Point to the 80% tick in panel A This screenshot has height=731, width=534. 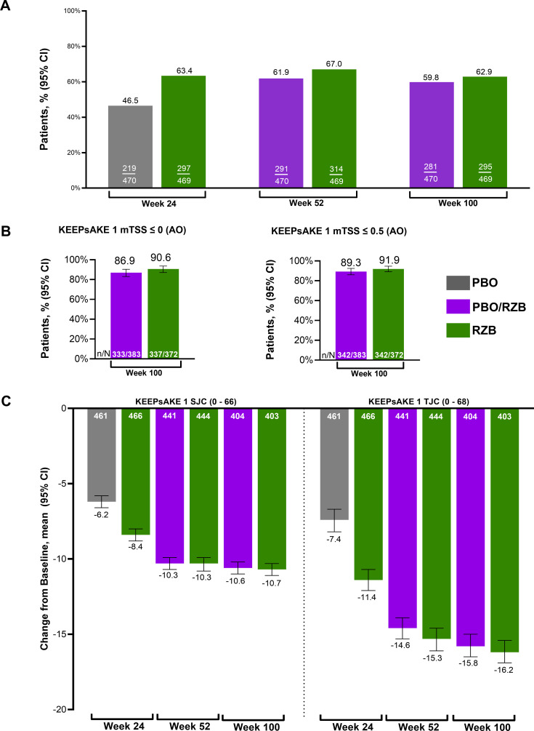(70, 47)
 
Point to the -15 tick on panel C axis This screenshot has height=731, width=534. (68, 634)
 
